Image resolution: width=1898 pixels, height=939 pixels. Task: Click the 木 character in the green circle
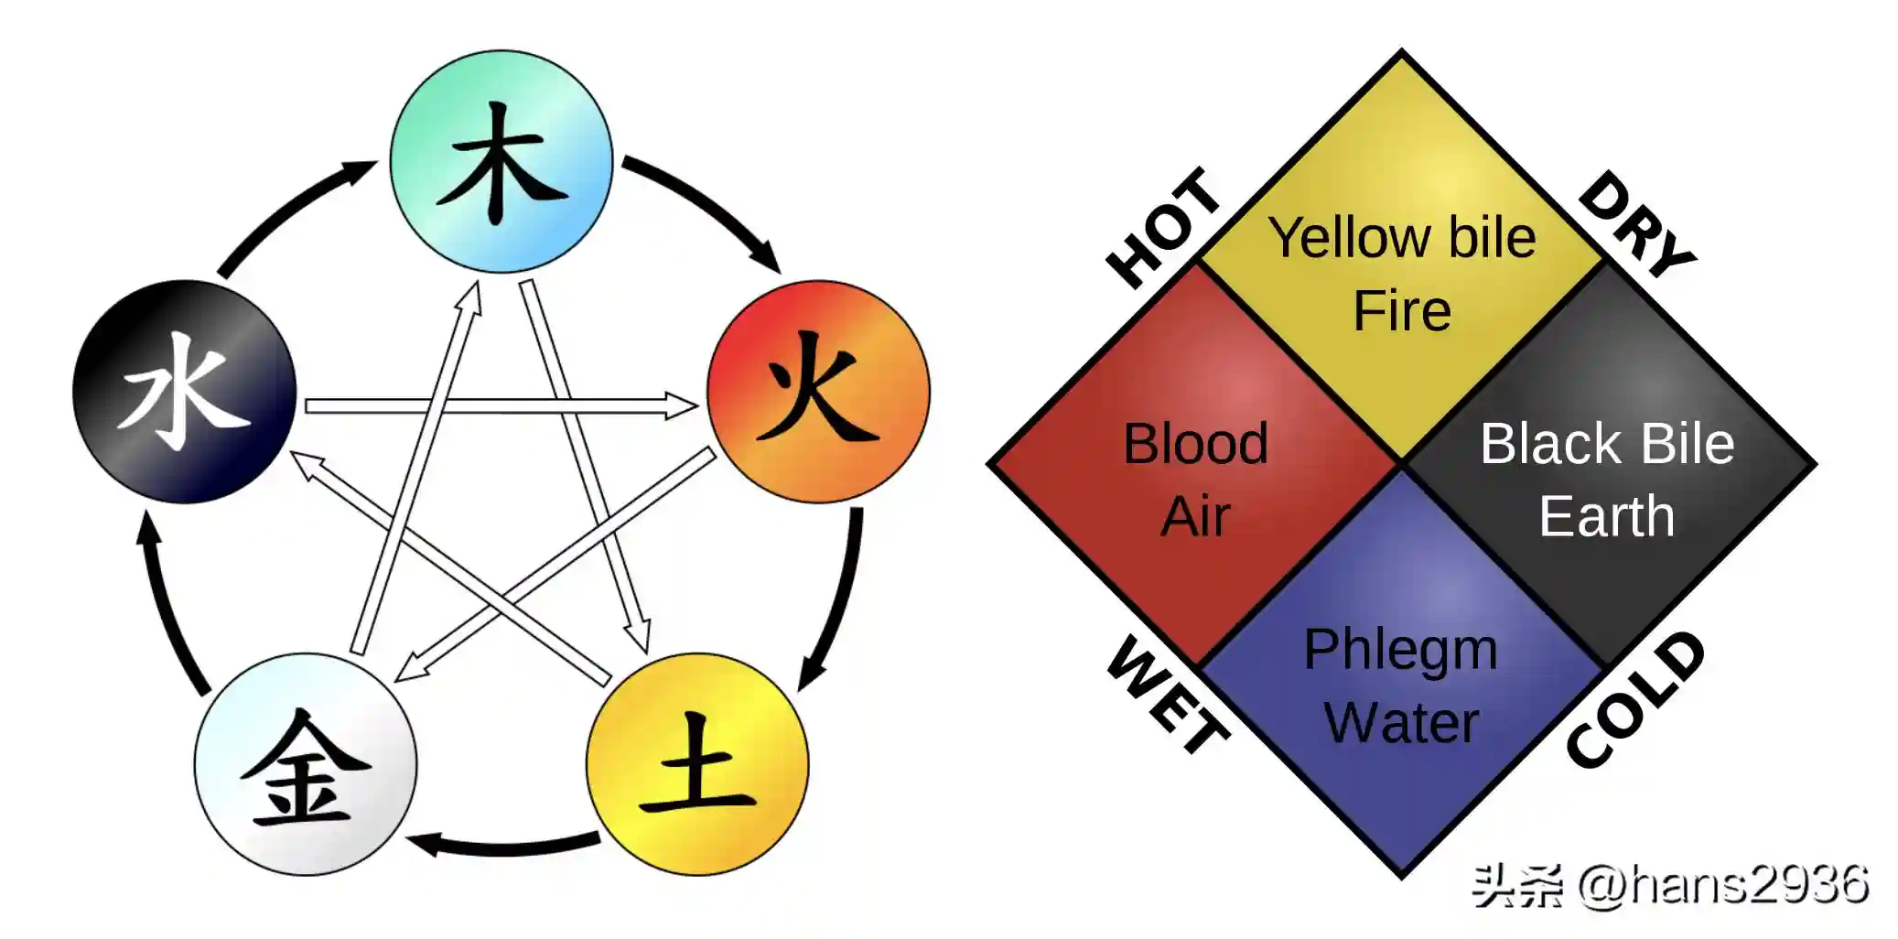501,163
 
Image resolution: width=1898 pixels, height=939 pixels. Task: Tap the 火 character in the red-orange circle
817,389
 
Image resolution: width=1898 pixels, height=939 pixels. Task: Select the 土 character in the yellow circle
697,764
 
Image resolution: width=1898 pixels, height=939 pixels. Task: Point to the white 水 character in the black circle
184,392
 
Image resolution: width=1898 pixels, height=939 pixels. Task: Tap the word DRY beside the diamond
1638,224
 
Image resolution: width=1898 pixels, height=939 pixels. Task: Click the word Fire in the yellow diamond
1402,311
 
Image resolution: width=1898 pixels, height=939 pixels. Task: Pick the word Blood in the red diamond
1195,444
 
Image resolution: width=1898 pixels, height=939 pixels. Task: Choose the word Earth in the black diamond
1607,517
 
